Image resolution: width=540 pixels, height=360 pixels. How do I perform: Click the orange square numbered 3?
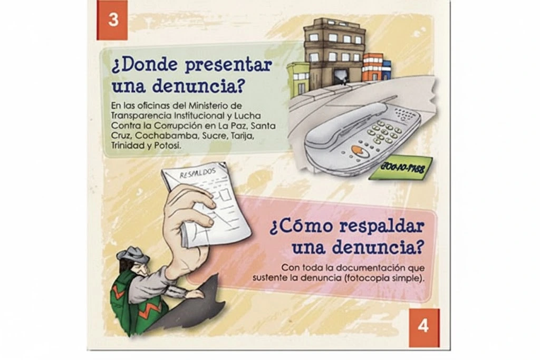(x=112, y=20)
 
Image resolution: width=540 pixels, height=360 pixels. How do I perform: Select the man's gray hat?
(x=132, y=255)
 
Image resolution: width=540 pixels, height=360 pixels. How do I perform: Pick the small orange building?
(x=372, y=66)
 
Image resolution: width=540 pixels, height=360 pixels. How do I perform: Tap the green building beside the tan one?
(x=298, y=79)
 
